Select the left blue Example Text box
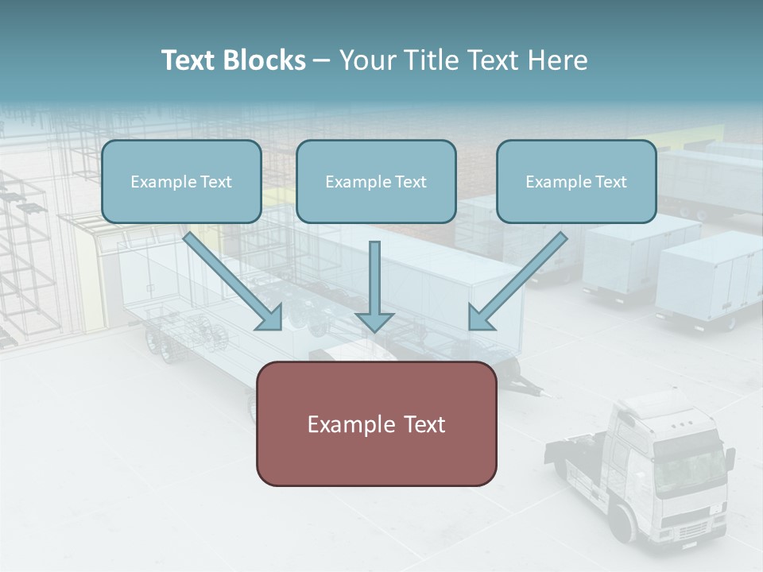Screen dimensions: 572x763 click(x=181, y=182)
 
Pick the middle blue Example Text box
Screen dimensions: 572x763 click(x=376, y=182)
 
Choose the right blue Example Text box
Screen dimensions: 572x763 click(x=576, y=182)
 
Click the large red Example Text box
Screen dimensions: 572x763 click(x=376, y=423)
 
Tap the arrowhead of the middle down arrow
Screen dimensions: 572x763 click(x=374, y=321)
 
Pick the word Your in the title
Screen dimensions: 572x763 click(x=366, y=60)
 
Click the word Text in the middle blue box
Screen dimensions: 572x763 click(x=410, y=182)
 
